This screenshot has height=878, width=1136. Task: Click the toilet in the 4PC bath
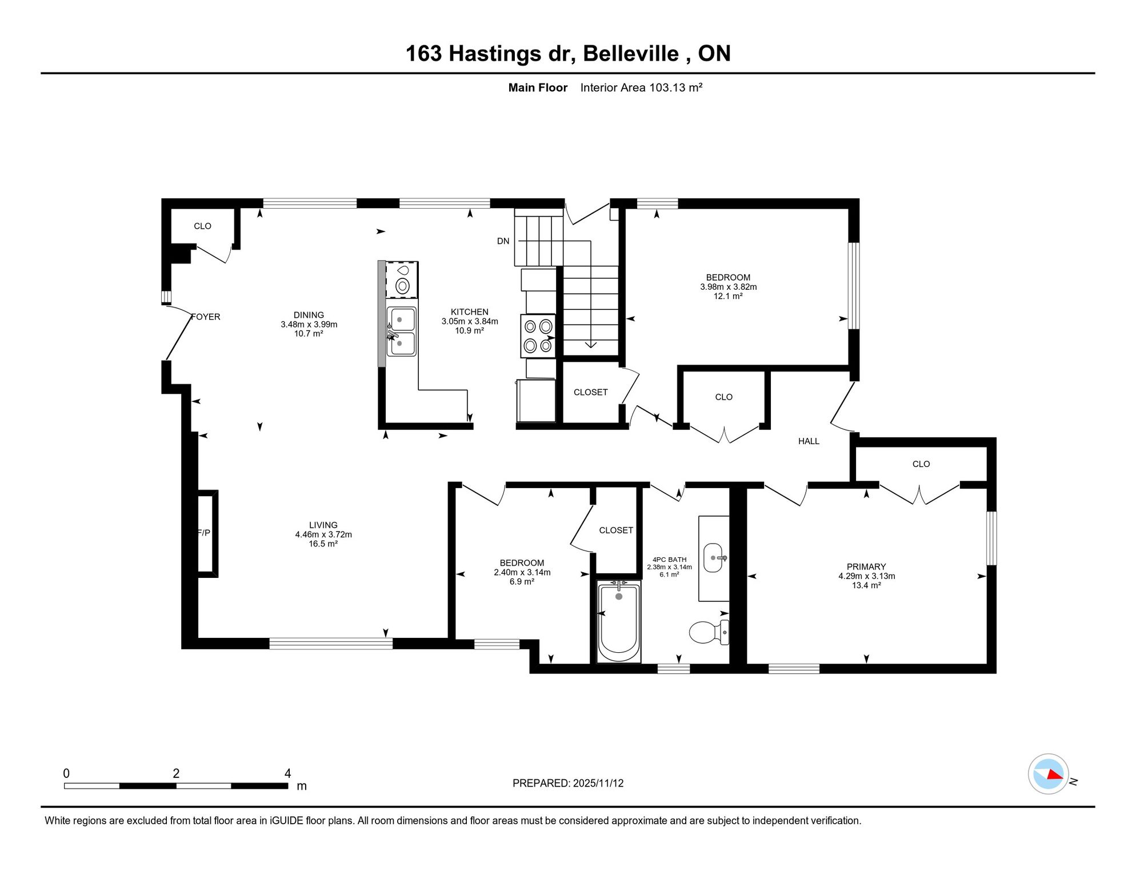[x=709, y=632]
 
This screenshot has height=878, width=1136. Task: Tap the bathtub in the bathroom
[x=618, y=621]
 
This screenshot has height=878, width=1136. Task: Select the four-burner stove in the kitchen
[x=538, y=336]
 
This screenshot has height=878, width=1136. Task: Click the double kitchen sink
[x=402, y=332]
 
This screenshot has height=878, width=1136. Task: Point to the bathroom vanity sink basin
[x=713, y=557]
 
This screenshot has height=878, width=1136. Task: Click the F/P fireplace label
[x=204, y=533]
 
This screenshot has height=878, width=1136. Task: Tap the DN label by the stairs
[x=503, y=241]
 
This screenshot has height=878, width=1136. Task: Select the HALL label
[x=809, y=441]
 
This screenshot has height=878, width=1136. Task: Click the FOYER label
[x=206, y=317]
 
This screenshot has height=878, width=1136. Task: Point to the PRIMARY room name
[x=866, y=566]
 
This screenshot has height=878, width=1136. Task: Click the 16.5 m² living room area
[x=323, y=544]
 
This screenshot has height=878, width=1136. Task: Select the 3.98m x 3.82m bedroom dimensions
[x=729, y=287]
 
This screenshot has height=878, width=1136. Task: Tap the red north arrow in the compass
[x=1055, y=775]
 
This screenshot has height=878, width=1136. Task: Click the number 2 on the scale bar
[x=176, y=773]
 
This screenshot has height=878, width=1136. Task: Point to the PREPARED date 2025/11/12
[x=598, y=783]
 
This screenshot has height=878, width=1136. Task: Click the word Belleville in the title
[x=631, y=54]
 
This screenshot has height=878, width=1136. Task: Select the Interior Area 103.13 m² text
[x=641, y=87]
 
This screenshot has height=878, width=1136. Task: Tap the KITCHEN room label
[x=470, y=312]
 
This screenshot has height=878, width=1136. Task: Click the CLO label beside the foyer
[x=202, y=226]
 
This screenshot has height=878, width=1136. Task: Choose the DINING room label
[x=309, y=315]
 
